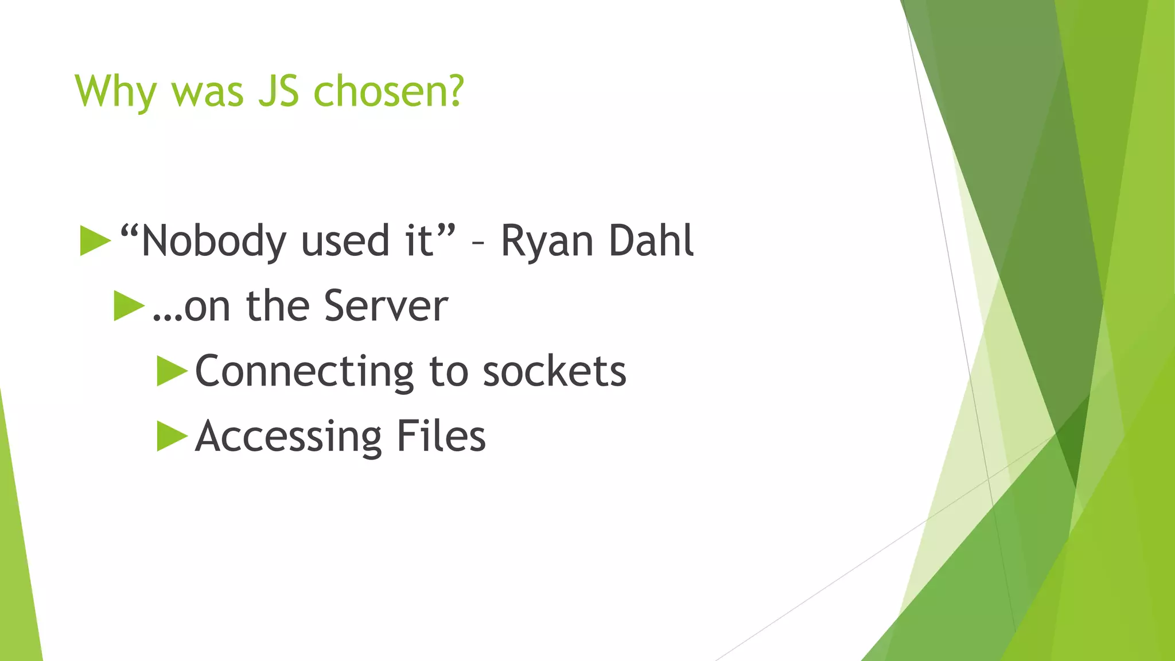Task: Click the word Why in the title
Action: click(115, 92)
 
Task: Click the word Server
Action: click(386, 306)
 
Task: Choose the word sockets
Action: click(554, 371)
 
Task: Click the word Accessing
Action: click(288, 437)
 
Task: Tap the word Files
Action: click(441, 436)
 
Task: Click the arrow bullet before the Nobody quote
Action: click(95, 240)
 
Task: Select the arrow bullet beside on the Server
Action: click(129, 306)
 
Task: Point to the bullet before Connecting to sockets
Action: click(172, 371)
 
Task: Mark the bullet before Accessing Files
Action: click(172, 437)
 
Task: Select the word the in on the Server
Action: click(278, 306)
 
